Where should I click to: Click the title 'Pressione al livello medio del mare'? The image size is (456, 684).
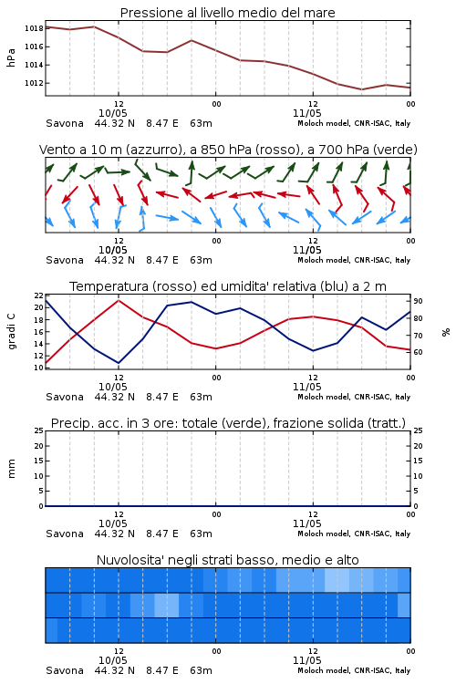(227, 13)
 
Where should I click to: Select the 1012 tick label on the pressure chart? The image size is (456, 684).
(34, 83)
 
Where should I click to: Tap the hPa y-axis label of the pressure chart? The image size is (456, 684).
(11, 57)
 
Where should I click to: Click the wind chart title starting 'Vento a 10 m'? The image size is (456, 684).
(228, 150)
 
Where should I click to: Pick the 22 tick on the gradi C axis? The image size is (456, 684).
(39, 295)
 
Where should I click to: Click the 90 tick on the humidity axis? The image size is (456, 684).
(418, 301)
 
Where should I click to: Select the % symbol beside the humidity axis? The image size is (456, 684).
(446, 332)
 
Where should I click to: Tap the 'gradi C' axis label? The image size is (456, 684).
(11, 331)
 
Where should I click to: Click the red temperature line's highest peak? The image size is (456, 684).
(119, 300)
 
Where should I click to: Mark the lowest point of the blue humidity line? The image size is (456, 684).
(119, 363)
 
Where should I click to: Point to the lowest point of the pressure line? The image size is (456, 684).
(361, 89)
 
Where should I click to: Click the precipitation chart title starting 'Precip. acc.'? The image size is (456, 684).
(228, 423)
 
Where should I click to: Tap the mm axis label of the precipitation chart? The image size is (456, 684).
(11, 469)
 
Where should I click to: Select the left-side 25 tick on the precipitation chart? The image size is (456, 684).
(39, 430)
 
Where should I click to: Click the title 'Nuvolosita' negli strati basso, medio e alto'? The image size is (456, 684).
(227, 560)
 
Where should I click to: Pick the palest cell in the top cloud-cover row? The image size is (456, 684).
(337, 580)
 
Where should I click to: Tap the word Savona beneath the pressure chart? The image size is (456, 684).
(65, 123)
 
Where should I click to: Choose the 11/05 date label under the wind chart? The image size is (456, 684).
(306, 250)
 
